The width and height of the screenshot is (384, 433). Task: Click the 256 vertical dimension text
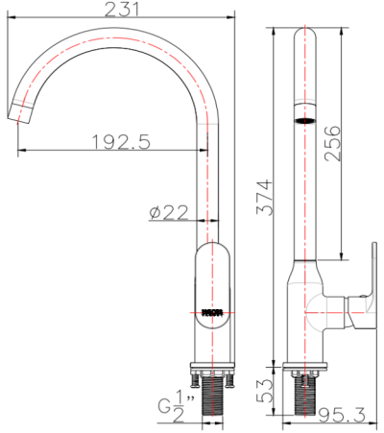(331, 144)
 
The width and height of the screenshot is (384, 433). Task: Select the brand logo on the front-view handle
(212, 312)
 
